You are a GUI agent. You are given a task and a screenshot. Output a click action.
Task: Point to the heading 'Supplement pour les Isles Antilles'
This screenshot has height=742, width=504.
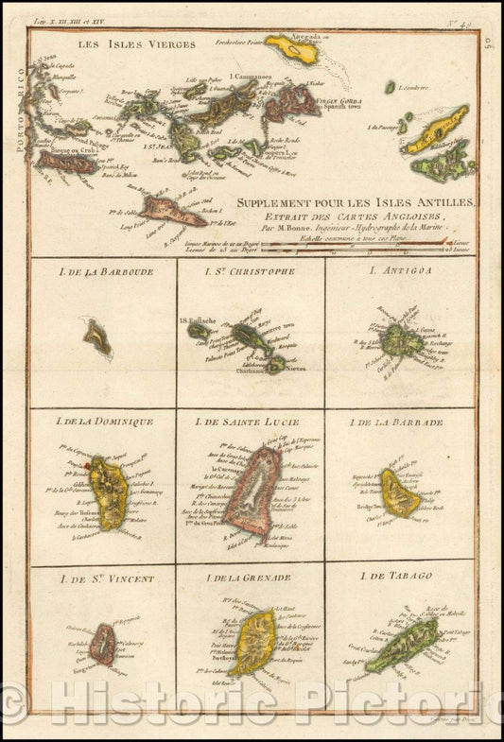[x=357, y=203]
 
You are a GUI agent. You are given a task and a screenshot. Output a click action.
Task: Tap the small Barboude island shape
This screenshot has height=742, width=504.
[x=96, y=337]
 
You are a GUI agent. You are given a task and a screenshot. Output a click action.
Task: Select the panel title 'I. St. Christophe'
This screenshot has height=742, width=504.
[x=250, y=271]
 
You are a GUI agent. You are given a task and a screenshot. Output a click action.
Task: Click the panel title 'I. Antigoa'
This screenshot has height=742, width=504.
[x=401, y=271]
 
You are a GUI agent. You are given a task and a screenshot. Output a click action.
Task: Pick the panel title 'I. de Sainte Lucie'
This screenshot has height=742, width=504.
[x=251, y=422]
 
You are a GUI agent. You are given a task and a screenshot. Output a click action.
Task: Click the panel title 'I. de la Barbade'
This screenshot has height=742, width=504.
[x=401, y=422]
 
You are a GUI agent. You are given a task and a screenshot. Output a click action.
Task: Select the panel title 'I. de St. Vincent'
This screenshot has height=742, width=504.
[x=102, y=577]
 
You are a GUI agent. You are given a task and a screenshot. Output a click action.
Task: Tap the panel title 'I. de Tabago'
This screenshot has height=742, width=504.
[x=401, y=576]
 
